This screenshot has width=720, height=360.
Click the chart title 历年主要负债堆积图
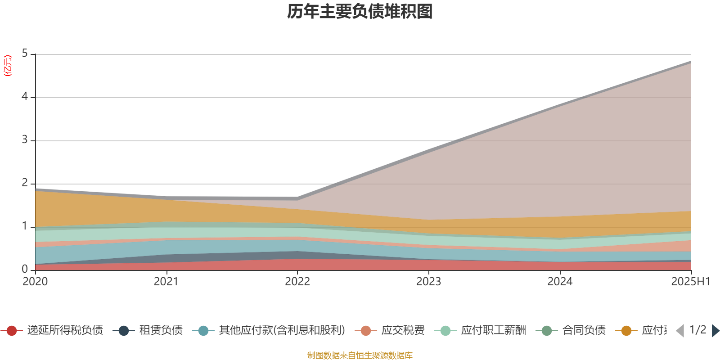click(360, 12)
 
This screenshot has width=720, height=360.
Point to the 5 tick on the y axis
click(25, 54)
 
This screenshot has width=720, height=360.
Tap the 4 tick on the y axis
click(25, 97)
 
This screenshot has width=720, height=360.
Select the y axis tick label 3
click(25, 140)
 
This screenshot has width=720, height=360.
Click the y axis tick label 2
click(25, 183)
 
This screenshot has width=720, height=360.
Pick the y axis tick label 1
click(25, 226)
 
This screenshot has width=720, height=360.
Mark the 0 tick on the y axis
click(25, 269)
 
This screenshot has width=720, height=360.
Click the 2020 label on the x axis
click(35, 282)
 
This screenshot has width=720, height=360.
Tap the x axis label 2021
click(166, 282)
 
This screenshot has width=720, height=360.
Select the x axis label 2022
click(297, 282)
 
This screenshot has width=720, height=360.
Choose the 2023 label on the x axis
click(428, 282)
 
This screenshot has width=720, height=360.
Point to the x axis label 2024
click(560, 282)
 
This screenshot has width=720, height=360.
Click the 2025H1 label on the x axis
click(690, 282)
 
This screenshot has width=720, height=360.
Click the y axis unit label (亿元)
click(8, 66)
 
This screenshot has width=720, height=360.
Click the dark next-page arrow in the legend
click(715, 331)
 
